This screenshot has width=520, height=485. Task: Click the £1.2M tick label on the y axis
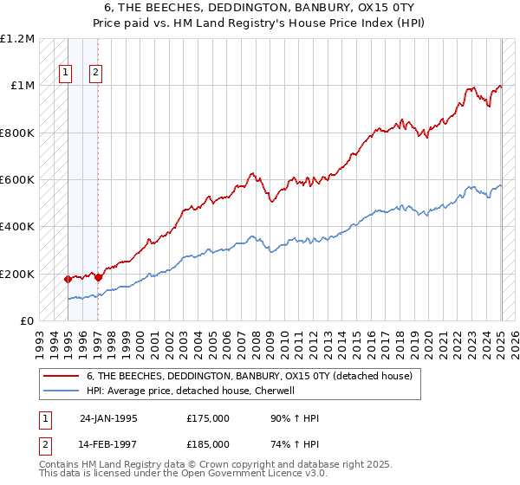coord(17,39)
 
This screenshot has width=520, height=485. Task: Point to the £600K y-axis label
coord(17,180)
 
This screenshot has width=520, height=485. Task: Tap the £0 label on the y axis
coord(26,321)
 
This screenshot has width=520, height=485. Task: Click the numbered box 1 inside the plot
coord(66,74)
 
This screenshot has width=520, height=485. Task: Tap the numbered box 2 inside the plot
coord(95,74)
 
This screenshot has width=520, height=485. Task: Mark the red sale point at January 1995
coord(68,279)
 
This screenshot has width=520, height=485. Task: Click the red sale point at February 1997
coord(98,277)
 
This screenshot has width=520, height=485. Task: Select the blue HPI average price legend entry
coord(191,391)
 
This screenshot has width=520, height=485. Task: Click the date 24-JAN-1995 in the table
coord(108,418)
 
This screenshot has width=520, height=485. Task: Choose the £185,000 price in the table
coord(208,444)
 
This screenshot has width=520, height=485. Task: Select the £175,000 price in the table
coord(208,418)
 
